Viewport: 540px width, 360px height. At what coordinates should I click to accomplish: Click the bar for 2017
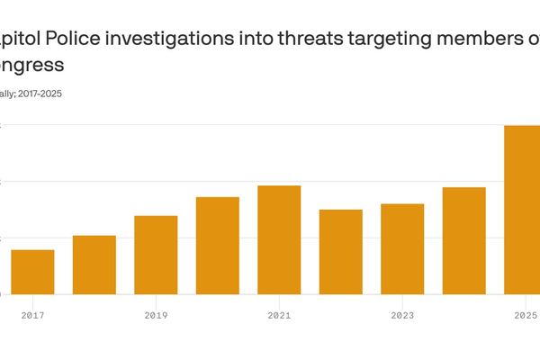click(32, 272)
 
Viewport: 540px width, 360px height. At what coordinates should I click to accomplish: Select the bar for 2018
click(94, 265)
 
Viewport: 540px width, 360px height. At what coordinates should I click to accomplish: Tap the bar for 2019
click(156, 255)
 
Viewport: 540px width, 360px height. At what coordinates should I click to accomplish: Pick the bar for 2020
click(218, 246)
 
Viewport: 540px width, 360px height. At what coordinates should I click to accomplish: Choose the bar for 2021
click(279, 239)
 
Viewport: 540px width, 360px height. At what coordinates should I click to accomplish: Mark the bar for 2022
click(341, 252)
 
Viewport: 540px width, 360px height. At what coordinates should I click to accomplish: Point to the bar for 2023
click(402, 249)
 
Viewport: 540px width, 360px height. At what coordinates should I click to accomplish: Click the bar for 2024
click(464, 240)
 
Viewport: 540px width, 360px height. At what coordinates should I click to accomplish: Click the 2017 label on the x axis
click(32, 316)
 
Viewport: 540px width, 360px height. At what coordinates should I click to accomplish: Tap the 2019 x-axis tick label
click(156, 316)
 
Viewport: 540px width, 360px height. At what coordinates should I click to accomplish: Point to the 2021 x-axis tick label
click(279, 316)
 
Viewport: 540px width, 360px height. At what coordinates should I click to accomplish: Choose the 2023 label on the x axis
click(402, 316)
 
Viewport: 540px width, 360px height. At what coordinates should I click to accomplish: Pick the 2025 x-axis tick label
click(525, 316)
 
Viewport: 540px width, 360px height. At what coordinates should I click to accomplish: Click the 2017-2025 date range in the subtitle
click(41, 93)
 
